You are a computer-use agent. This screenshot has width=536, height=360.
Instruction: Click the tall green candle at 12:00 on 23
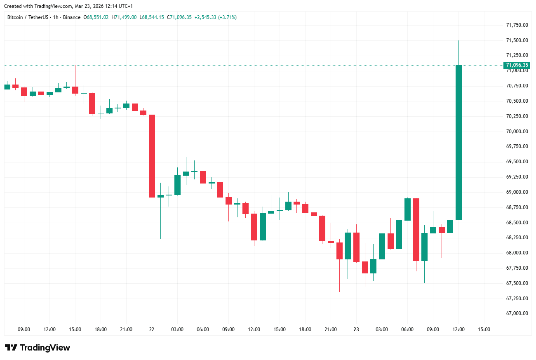coord(458,142)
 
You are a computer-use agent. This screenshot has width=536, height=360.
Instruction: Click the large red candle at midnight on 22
coord(152,156)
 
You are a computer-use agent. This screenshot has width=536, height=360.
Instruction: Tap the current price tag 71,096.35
coord(517,65)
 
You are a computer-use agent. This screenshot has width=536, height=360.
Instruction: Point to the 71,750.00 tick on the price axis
coord(517,25)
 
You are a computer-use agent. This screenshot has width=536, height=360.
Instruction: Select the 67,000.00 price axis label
coord(517,313)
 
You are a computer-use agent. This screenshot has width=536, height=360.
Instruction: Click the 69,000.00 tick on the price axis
coord(517,192)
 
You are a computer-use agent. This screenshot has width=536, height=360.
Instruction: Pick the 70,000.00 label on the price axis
coord(517,132)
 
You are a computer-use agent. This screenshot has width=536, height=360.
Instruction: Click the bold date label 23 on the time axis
coord(356,329)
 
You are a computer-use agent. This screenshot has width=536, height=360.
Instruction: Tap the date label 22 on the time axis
coord(152,329)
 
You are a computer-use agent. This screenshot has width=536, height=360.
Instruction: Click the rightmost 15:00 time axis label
coord(484,329)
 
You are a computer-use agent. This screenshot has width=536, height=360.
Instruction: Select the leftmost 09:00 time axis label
coord(24,329)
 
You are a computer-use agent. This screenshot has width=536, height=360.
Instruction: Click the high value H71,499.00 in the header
coord(124,17)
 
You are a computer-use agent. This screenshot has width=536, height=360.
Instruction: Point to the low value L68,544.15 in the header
coord(152,17)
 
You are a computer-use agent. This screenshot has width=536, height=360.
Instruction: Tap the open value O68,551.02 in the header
coord(96,17)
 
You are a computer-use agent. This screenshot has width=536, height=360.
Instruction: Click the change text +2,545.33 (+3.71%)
coord(216,17)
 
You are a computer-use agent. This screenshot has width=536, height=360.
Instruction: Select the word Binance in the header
coord(72,17)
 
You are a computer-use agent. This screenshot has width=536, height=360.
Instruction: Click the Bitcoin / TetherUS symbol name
coord(28,17)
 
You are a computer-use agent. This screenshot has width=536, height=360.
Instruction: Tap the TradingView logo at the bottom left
coord(38,348)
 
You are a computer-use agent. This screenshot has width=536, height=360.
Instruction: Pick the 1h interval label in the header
coord(56,17)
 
